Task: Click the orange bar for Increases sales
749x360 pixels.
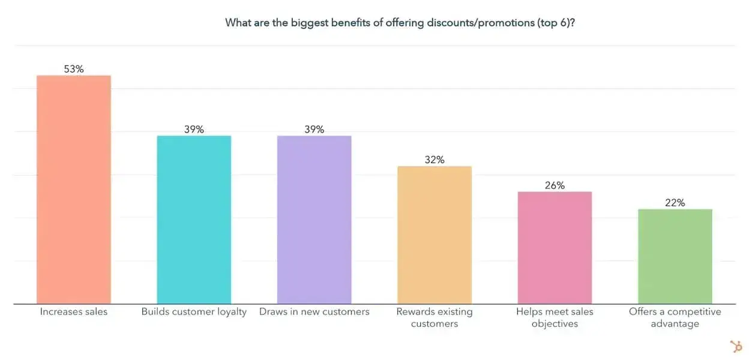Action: point(74,190)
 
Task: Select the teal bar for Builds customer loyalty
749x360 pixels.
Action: point(194,220)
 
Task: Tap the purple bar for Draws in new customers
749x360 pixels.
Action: point(314,220)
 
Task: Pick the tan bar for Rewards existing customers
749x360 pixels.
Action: point(435,235)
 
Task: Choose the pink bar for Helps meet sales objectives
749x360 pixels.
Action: point(555,248)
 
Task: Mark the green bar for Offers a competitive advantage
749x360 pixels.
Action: point(675,256)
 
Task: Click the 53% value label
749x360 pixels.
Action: point(74,69)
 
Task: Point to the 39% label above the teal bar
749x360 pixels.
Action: point(194,129)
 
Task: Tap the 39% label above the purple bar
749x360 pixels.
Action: point(314,129)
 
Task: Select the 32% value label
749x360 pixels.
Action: point(435,160)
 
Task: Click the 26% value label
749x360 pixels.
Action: point(555,185)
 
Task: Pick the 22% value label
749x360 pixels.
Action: point(675,203)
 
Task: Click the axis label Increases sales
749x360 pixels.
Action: point(74,312)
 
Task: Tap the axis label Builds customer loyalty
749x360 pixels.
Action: point(194,312)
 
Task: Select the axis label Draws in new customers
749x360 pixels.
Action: point(314,312)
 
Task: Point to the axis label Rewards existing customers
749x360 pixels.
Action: point(435,318)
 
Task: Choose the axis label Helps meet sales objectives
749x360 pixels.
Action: point(555,318)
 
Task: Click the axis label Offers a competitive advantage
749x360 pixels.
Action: point(675,318)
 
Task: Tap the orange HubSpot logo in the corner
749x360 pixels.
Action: point(735,346)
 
